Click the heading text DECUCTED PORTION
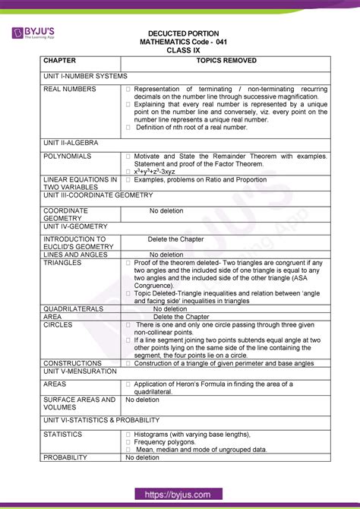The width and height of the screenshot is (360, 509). coord(184,33)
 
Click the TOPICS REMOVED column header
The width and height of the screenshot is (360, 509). coord(226,59)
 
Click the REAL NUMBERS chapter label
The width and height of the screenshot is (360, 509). coord(70,89)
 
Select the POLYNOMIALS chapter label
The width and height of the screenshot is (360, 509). coord(68,156)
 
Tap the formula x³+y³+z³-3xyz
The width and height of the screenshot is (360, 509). coord(161,172)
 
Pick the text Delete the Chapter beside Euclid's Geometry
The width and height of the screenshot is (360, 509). coord(175,239)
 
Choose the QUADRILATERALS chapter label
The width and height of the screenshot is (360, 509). coord(75,309)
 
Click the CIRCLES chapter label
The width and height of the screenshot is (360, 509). coord(57,324)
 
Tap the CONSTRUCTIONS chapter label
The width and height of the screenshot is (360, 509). coord(73,363)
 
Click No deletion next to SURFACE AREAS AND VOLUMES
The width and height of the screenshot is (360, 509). coord(142,399)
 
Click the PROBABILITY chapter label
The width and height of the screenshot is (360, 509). coord(66,457)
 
